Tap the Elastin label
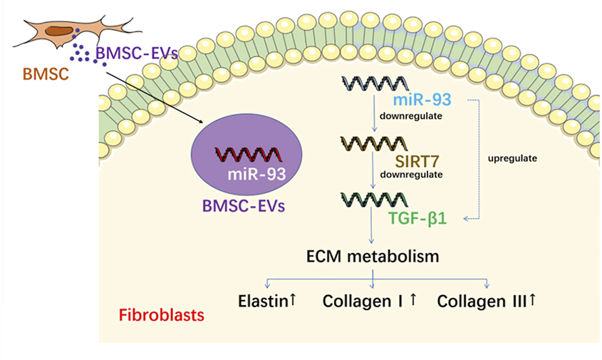pyautogui.click(x=262, y=302)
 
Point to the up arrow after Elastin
pyautogui.click(x=292, y=301)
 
